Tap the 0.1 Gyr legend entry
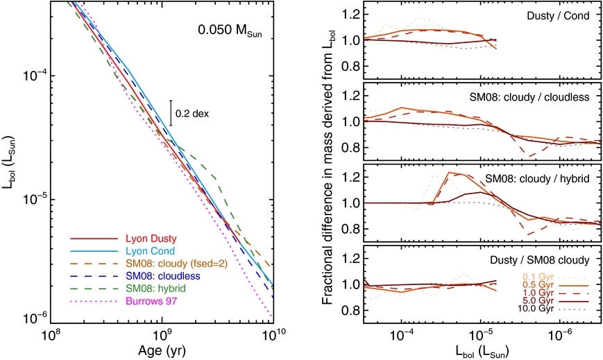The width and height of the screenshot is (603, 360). [x=536, y=275]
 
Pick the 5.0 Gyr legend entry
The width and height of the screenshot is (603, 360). [x=536, y=302]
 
